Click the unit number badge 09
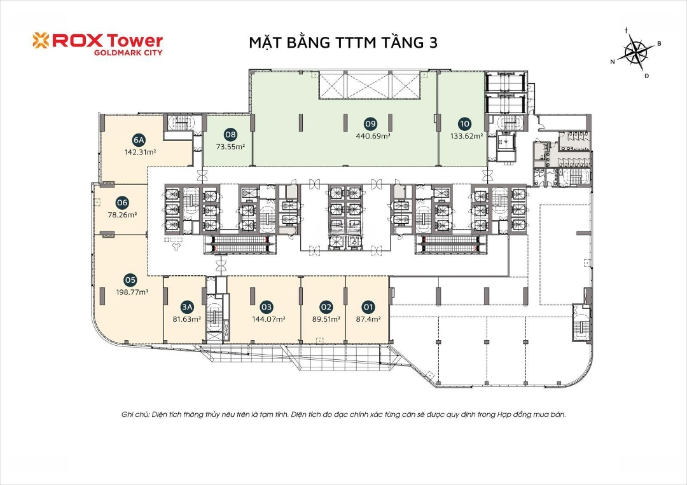tap(371, 124)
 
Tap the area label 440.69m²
tap(373, 135)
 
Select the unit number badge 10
tap(464, 124)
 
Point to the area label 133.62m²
tap(467, 135)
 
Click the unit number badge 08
tap(230, 134)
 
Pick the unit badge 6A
tap(139, 140)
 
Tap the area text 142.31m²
tap(140, 153)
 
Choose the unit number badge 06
tap(122, 203)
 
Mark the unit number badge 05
tap(130, 280)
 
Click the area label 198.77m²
tap(132, 292)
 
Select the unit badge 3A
tap(187, 307)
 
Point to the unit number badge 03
tap(267, 307)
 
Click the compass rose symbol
tap(636, 51)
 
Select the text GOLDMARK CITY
tap(128, 53)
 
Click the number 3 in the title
tap(433, 43)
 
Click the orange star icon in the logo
tap(41, 40)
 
